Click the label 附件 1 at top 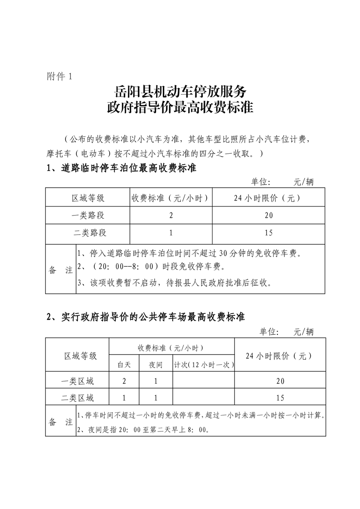[x=59, y=76]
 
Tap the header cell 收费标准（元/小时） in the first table [x=170, y=198]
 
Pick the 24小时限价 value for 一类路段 [x=268, y=215]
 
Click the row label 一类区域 [x=78, y=381]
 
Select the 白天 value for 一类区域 [x=124, y=381]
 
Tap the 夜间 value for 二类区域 [x=156, y=398]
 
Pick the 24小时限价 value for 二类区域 [x=280, y=398]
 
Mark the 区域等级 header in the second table [x=81, y=356]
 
